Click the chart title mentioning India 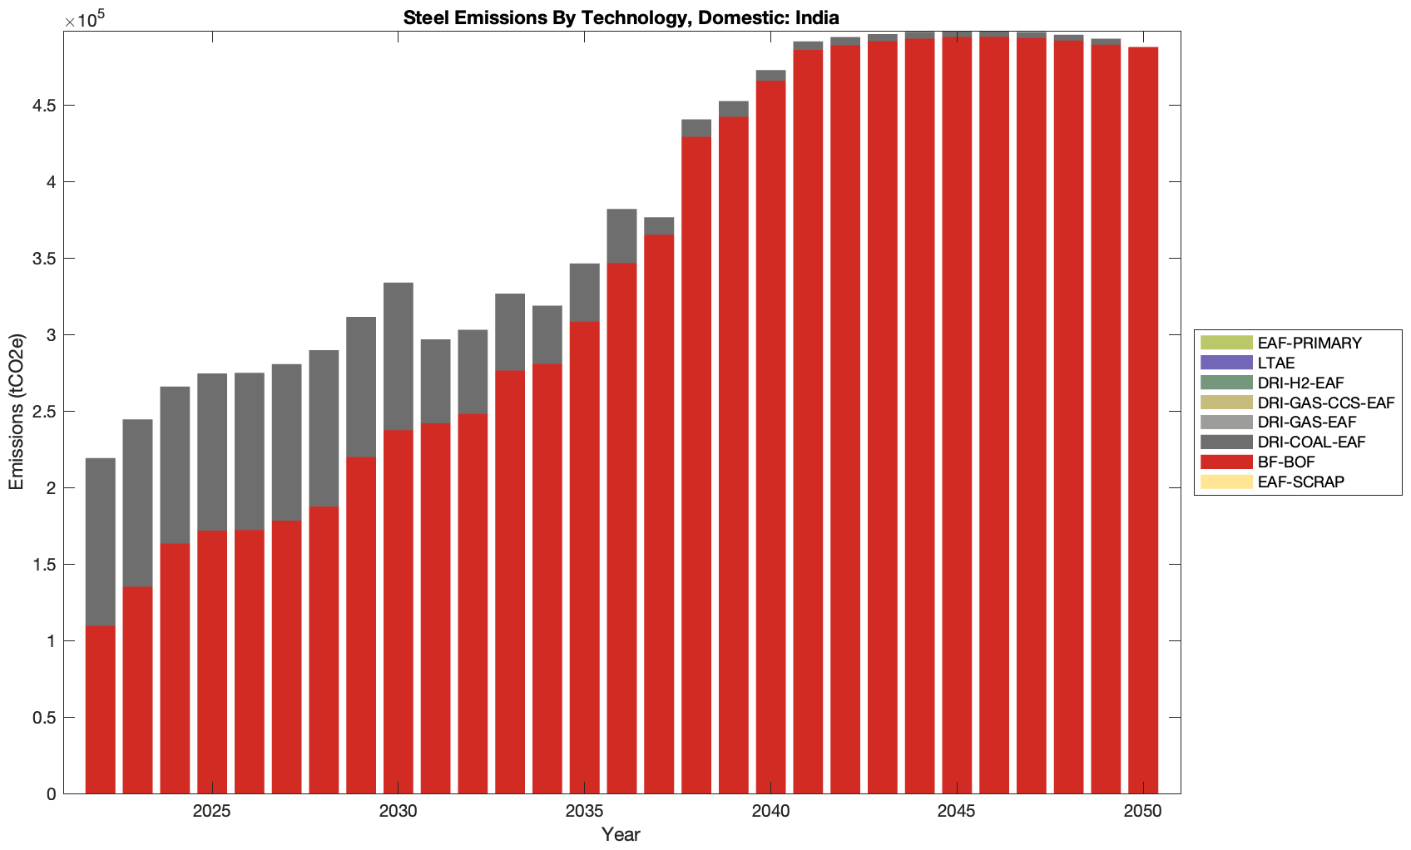[621, 17]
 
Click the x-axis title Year [621, 834]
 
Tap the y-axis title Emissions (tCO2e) [17, 412]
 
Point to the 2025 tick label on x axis [212, 811]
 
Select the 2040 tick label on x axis [770, 811]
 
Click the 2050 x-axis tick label [1142, 811]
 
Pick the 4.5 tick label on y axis [45, 106]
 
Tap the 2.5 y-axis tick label [45, 412]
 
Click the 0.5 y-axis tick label [45, 718]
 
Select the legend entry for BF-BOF [1285, 462]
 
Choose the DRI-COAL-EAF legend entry [1311, 442]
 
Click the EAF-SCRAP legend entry [1300, 482]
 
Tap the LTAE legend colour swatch [1225, 363]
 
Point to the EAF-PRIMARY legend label [1310, 343]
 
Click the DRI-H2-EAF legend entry [1300, 383]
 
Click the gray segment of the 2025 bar [212, 452]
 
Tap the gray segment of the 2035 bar [584, 293]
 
